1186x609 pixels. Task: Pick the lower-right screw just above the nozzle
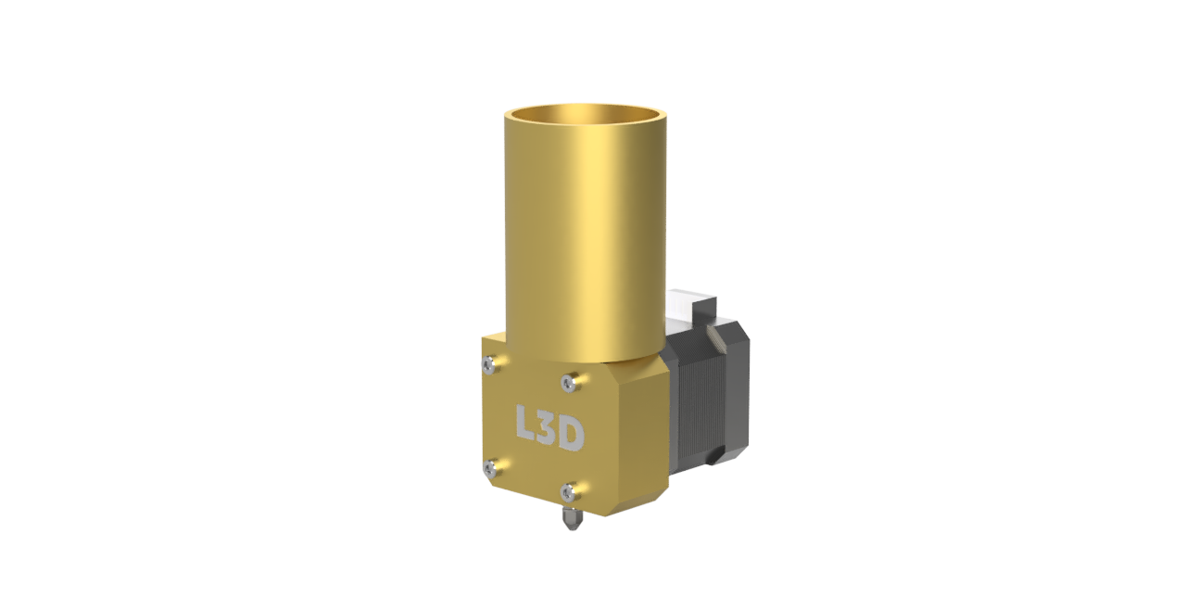click(569, 491)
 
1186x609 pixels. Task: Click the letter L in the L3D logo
click(526, 422)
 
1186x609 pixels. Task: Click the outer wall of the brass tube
click(585, 233)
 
